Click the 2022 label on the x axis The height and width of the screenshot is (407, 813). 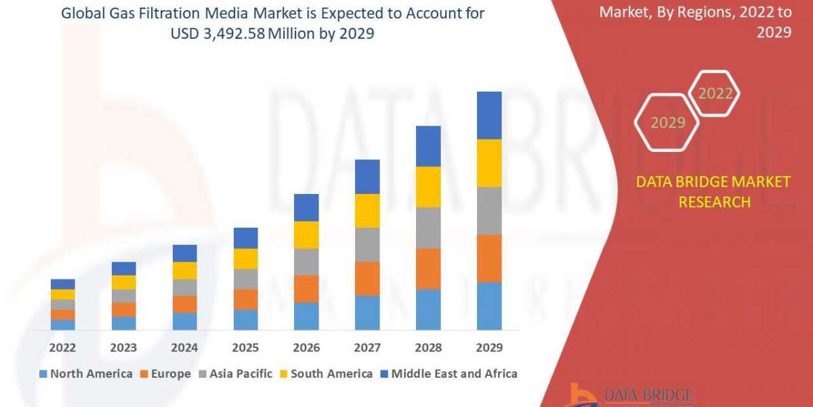pyautogui.click(x=62, y=348)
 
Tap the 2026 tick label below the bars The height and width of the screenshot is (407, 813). pyautogui.click(x=306, y=348)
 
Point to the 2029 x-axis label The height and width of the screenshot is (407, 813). pyautogui.click(x=489, y=348)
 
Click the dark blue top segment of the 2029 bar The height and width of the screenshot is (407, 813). pyautogui.click(x=489, y=115)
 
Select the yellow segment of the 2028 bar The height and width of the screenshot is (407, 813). pyautogui.click(x=428, y=187)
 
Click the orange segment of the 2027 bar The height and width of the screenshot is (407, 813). pyautogui.click(x=367, y=278)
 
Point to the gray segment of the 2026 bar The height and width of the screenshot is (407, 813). pyautogui.click(x=306, y=262)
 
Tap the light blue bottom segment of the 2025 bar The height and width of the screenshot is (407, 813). pyautogui.click(x=245, y=319)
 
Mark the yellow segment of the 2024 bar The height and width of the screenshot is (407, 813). pyautogui.click(x=184, y=271)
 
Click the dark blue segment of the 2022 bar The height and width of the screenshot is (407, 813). pyautogui.click(x=62, y=284)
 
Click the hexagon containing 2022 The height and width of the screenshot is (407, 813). pyautogui.click(x=715, y=94)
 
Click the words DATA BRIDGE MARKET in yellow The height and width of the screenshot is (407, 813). pyautogui.click(x=713, y=182)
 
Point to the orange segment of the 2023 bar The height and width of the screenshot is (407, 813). pyautogui.click(x=123, y=309)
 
